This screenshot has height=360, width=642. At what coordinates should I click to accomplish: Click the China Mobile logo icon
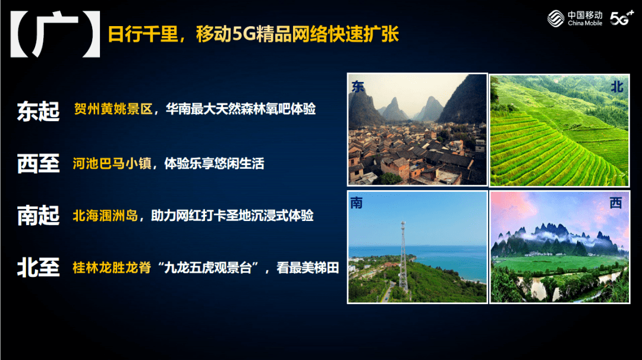(x=556, y=18)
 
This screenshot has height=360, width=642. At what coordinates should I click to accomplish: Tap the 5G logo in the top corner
(x=622, y=18)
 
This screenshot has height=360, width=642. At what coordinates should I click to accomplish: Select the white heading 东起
(x=38, y=111)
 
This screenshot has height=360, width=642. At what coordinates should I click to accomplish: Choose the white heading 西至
(x=38, y=163)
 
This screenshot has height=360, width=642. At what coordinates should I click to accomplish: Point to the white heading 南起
(x=38, y=216)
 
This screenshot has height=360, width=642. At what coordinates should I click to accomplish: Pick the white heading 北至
(x=38, y=267)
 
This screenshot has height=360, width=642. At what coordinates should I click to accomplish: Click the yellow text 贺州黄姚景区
(x=113, y=109)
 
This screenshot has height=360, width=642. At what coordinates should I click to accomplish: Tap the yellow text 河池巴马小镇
(x=112, y=163)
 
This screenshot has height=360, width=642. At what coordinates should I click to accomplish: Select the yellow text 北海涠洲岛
(x=106, y=216)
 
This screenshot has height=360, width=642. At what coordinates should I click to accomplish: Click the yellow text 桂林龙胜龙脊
(x=112, y=267)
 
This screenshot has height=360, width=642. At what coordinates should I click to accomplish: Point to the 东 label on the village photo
(x=357, y=87)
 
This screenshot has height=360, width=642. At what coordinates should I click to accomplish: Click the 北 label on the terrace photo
(x=616, y=87)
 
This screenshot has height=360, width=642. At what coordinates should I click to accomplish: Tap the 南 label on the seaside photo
(x=356, y=203)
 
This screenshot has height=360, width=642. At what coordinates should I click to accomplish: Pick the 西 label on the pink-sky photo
(x=616, y=203)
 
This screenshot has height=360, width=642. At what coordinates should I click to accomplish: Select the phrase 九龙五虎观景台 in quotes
(x=207, y=267)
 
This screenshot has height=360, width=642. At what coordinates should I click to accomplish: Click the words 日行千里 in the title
(x=143, y=34)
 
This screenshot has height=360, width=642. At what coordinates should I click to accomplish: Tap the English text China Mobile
(x=585, y=23)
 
